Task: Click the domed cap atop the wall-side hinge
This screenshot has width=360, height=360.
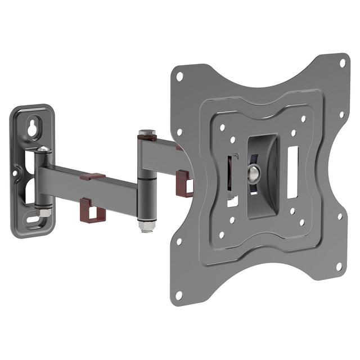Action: [x=43, y=149]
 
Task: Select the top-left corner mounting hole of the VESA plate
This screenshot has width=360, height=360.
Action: [x=179, y=75]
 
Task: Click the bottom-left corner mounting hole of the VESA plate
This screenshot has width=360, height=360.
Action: [x=179, y=295]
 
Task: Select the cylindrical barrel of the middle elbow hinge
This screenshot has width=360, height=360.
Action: [x=145, y=180]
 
